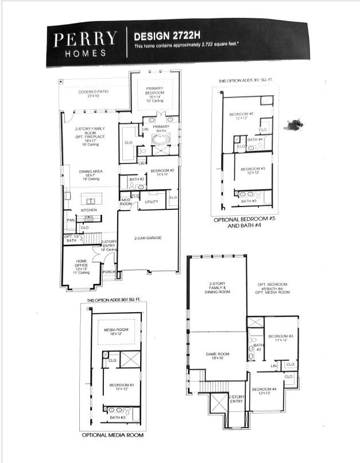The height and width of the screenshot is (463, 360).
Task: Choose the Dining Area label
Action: pyautogui.click(x=89, y=172)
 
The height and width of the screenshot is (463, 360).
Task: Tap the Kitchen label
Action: pyautogui.click(x=88, y=210)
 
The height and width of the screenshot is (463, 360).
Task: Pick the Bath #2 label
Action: pyautogui.click(x=136, y=180)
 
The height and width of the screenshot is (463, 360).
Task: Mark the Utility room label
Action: pyautogui.click(x=151, y=201)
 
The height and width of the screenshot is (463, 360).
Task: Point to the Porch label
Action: pyautogui.click(x=108, y=272)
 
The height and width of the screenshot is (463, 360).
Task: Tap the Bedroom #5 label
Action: pyautogui.click(x=241, y=115)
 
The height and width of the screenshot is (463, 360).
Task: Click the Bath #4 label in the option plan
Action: pyautogui.click(x=255, y=139)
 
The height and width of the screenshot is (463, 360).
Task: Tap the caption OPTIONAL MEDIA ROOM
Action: pyautogui.click(x=113, y=435)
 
